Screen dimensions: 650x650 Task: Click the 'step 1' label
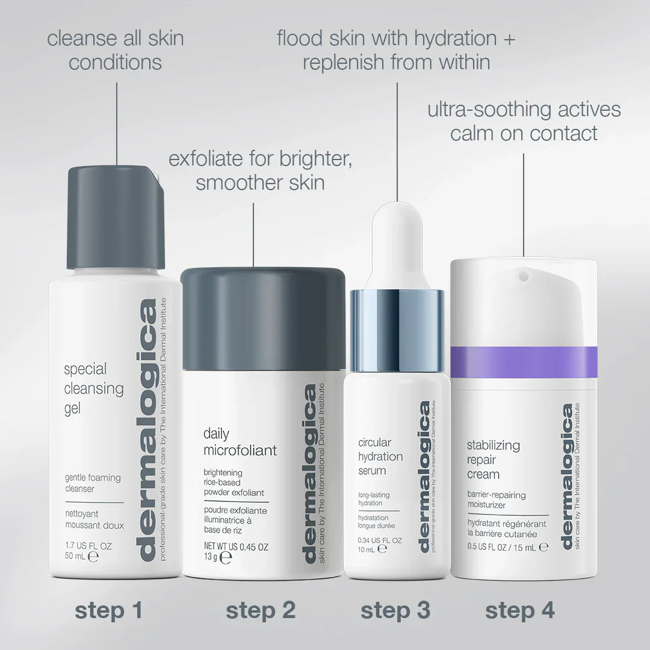pyautogui.click(x=108, y=610)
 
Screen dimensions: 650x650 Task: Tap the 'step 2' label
pyautogui.click(x=261, y=610)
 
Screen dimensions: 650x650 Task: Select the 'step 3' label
pyautogui.click(x=395, y=610)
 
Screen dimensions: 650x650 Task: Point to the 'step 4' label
pyautogui.click(x=520, y=610)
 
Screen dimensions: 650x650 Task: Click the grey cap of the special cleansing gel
pyautogui.click(x=116, y=217)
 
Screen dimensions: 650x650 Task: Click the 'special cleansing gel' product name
pyautogui.click(x=93, y=389)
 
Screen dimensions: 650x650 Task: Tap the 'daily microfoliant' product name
pyautogui.click(x=240, y=442)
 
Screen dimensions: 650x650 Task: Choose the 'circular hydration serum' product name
pyautogui.click(x=380, y=457)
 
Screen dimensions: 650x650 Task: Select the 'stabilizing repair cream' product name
pyautogui.click(x=494, y=460)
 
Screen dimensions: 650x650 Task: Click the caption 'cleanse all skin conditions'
pyautogui.click(x=116, y=51)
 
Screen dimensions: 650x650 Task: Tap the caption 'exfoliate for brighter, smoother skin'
pyautogui.click(x=260, y=171)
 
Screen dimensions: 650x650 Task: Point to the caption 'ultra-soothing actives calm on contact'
pyautogui.click(x=524, y=121)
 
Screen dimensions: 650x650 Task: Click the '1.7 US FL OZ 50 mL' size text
pyautogui.click(x=88, y=551)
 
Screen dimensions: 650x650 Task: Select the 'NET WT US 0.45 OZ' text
pyautogui.click(x=235, y=548)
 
